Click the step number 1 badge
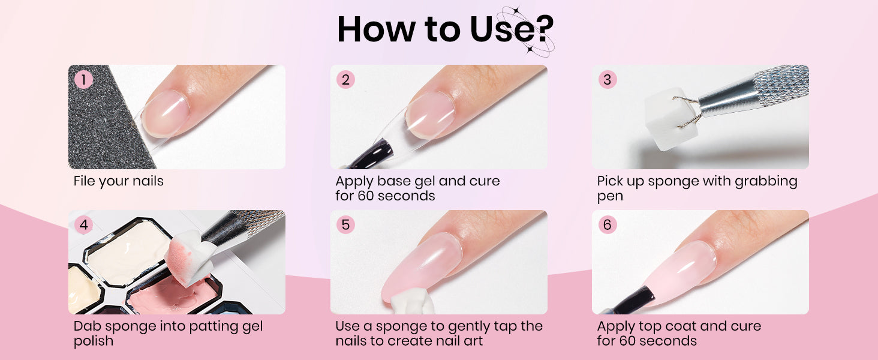click(x=83, y=80)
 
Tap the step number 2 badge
click(x=345, y=80)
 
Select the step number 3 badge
click(x=607, y=80)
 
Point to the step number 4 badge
click(x=83, y=225)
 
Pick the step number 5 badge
click(x=345, y=225)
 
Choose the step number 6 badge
click(x=607, y=225)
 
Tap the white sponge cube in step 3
click(x=666, y=119)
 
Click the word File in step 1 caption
click(x=85, y=181)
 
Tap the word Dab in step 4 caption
click(x=88, y=326)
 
